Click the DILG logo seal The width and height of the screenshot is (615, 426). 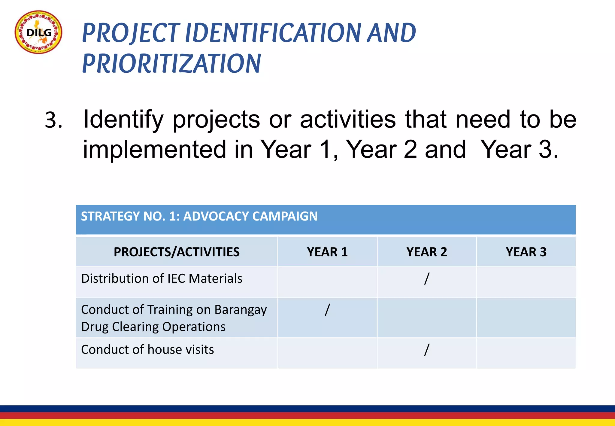[x=38, y=32]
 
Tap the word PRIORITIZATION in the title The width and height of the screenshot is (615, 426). [x=171, y=63]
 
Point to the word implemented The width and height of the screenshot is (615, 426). [x=154, y=150]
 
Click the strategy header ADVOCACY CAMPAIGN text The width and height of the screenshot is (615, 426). [x=250, y=216]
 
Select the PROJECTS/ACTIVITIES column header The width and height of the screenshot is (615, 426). [x=177, y=252]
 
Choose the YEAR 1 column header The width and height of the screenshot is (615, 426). [x=327, y=252]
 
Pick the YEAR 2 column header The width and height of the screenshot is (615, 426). [x=426, y=252]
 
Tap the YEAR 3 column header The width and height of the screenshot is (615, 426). [x=526, y=252]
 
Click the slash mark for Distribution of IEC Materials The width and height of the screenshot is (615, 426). [x=427, y=278]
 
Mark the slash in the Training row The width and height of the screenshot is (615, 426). [x=327, y=309]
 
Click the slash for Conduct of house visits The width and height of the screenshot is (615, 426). [x=427, y=349]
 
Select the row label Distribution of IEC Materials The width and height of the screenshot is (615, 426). [x=162, y=278]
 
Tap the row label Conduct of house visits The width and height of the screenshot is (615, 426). [x=147, y=350]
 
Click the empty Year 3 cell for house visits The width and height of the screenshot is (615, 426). [x=526, y=353]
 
